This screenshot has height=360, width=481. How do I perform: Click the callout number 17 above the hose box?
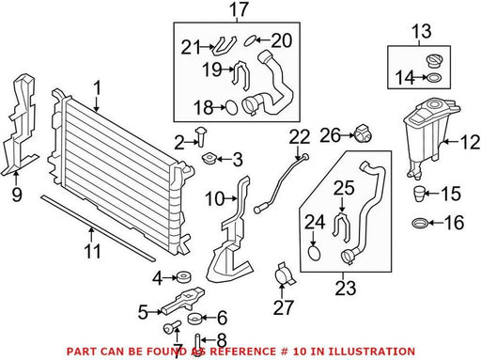pos(239,10)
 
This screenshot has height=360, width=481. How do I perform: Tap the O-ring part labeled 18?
pos(231,107)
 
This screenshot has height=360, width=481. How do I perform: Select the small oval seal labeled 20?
pos(251,41)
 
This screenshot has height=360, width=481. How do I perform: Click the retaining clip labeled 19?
pos(241,74)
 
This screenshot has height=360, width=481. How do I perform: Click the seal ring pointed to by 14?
pos(433,77)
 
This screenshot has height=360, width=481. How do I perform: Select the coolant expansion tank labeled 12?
pos(428,138)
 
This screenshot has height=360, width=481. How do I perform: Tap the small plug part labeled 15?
pos(419,194)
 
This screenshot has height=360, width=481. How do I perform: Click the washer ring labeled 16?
pos(420,224)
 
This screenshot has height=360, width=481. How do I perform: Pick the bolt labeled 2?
pos(200,136)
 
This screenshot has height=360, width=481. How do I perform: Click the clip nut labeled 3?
pos(209,158)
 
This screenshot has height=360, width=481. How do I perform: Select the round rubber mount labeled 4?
pos(184,277)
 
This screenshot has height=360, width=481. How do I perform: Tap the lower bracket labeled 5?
pos(183,300)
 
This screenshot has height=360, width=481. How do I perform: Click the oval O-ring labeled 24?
pos(314,254)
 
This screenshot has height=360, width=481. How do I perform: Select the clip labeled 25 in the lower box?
pos(341,227)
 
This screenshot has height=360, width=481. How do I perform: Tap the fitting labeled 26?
pos(363,133)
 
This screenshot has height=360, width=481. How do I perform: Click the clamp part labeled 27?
pos(284,274)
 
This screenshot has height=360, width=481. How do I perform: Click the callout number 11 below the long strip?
pos(93,251)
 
